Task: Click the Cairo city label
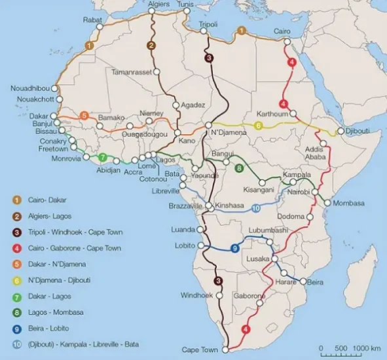pos(282,31)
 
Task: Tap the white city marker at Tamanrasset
pos(156,71)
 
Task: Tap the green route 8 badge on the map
pos(239,168)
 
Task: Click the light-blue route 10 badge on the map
pos(256,208)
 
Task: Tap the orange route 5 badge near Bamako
pos(84,116)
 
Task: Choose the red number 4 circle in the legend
pos(16,248)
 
